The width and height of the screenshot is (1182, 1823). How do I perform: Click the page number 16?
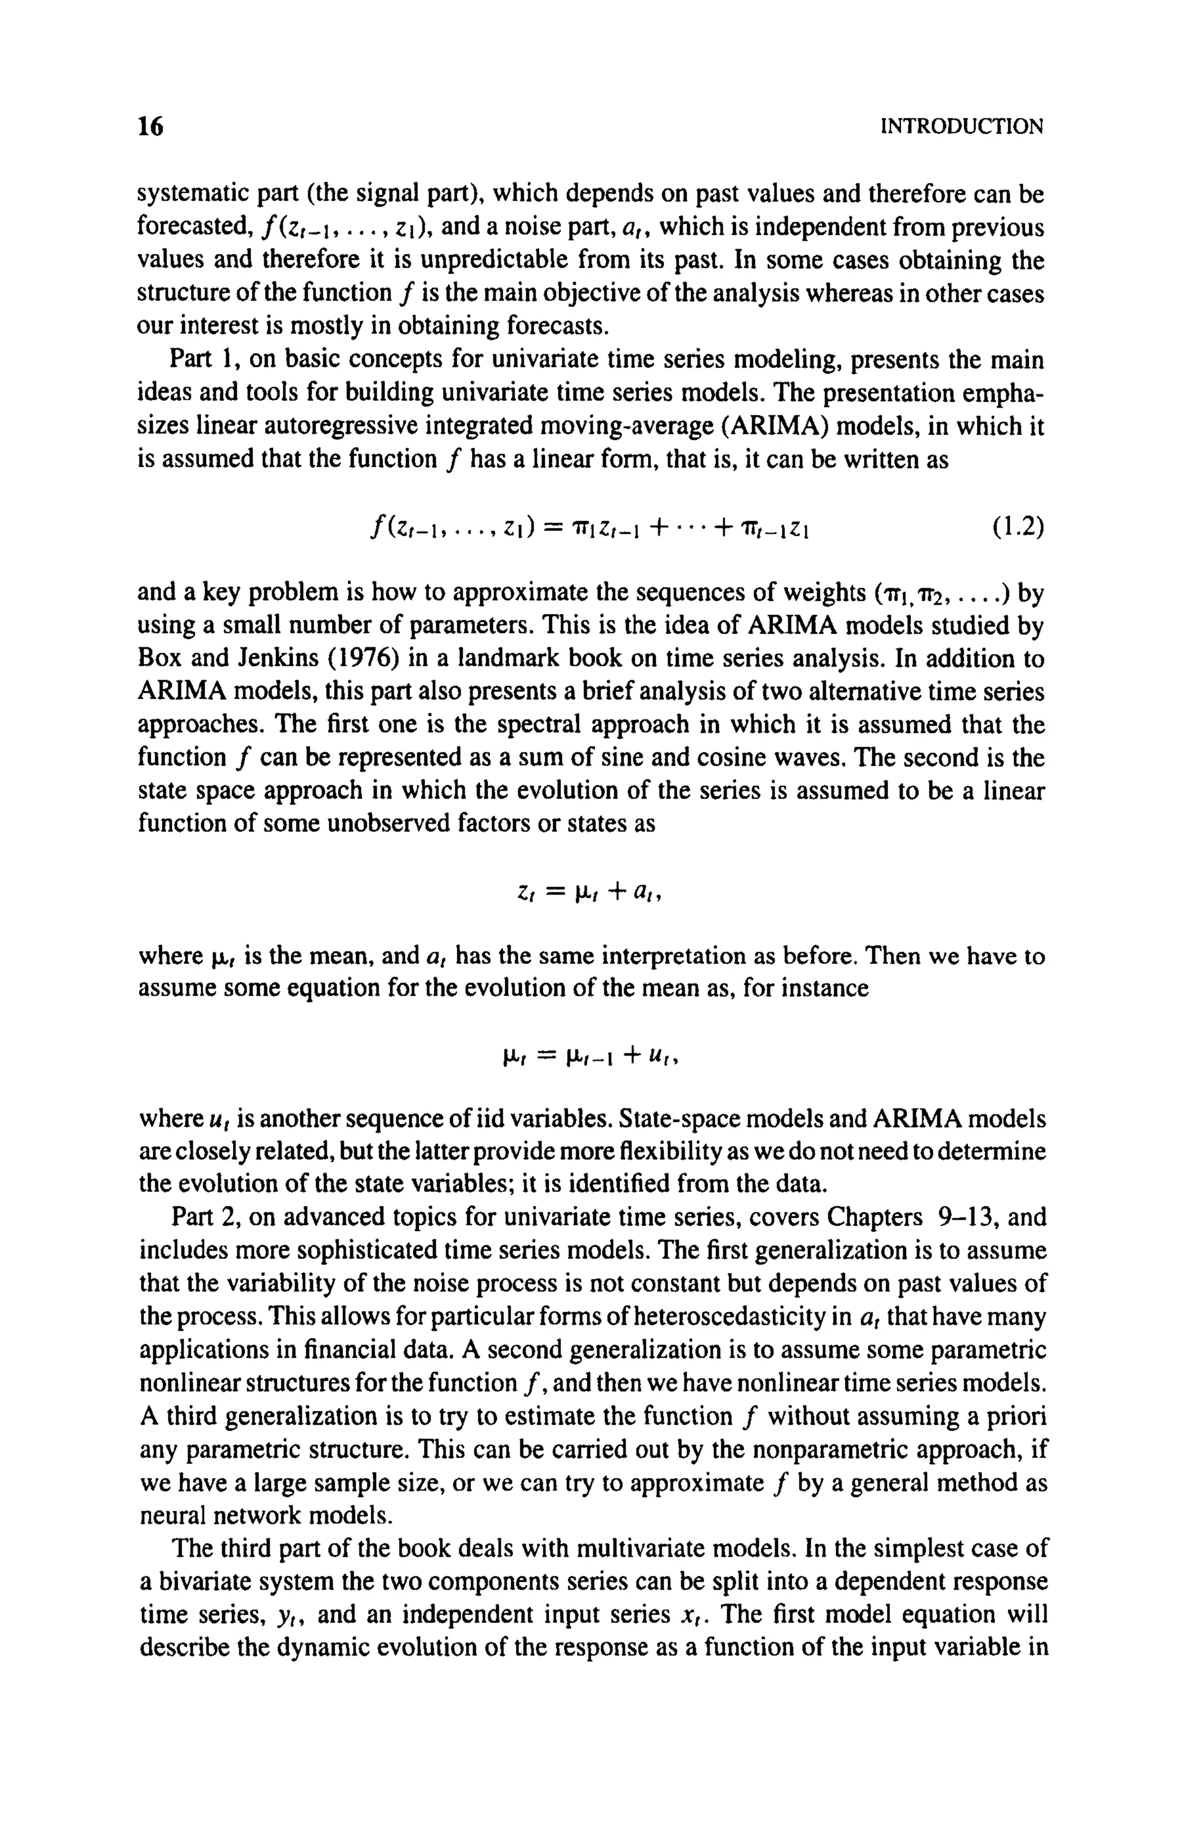click(150, 126)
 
